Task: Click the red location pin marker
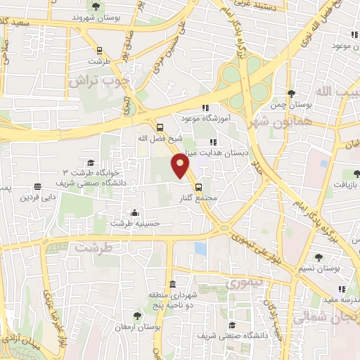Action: pos(181,165)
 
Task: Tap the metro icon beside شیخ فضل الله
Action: pos(161,128)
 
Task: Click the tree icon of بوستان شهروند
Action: pos(96,8)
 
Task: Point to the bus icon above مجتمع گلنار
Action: pos(198,187)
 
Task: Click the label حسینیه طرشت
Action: pos(134,223)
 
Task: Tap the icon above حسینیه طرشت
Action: pos(134,212)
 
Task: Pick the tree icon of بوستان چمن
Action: pos(291,94)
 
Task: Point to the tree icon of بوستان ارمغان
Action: pos(137,316)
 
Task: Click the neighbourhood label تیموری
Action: pos(246,283)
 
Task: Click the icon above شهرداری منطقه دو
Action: pos(172,283)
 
